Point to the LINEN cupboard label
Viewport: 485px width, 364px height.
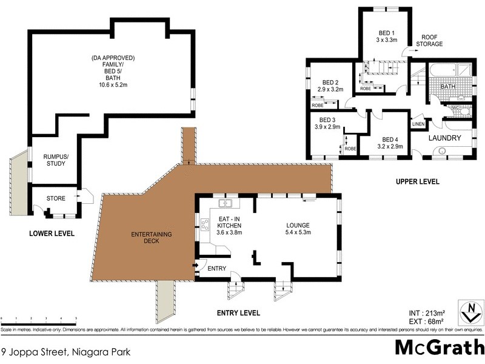point(418,124)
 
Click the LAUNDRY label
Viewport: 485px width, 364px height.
point(445,138)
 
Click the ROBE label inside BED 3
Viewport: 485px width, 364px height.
point(350,149)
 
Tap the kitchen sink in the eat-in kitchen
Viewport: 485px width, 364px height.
point(226,203)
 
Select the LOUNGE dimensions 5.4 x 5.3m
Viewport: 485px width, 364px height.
point(298,231)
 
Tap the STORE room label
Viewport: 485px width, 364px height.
point(56,198)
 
